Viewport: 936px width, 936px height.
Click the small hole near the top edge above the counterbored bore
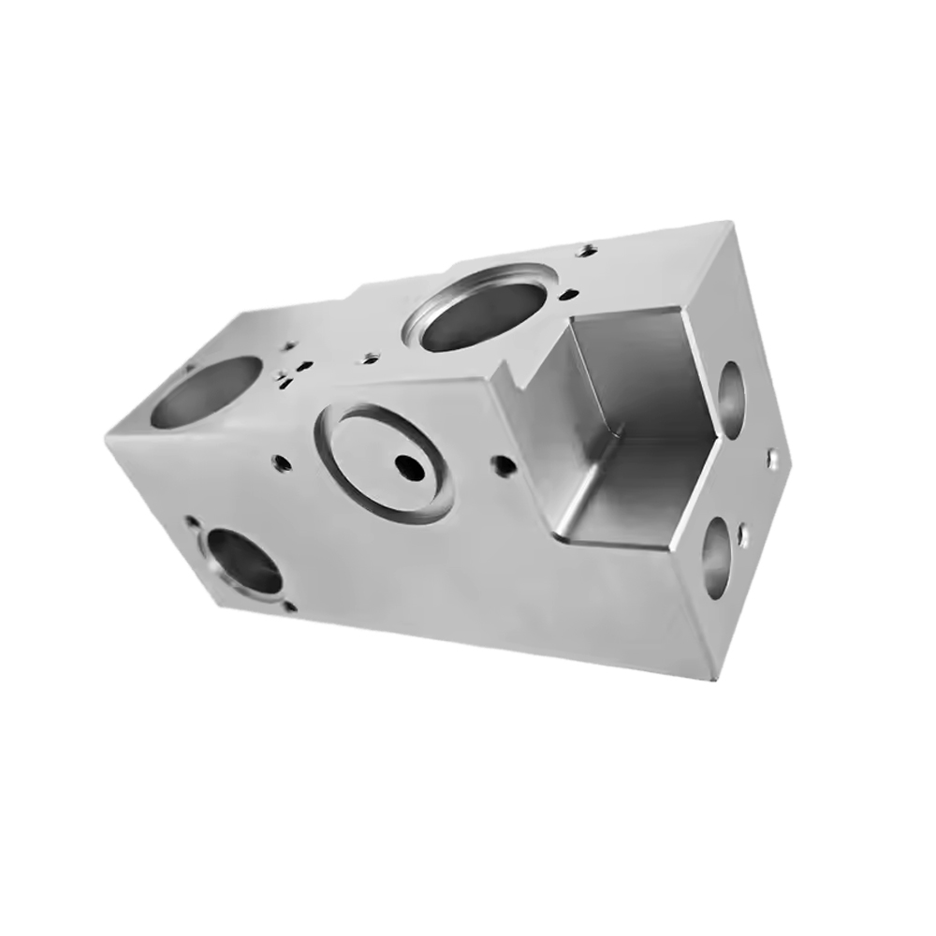[588, 249]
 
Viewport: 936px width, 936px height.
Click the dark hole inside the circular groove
[409, 464]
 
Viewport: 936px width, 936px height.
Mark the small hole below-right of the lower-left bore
[289, 607]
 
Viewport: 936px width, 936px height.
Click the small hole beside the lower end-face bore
[743, 536]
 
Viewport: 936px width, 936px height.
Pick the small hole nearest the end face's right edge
[772, 459]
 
